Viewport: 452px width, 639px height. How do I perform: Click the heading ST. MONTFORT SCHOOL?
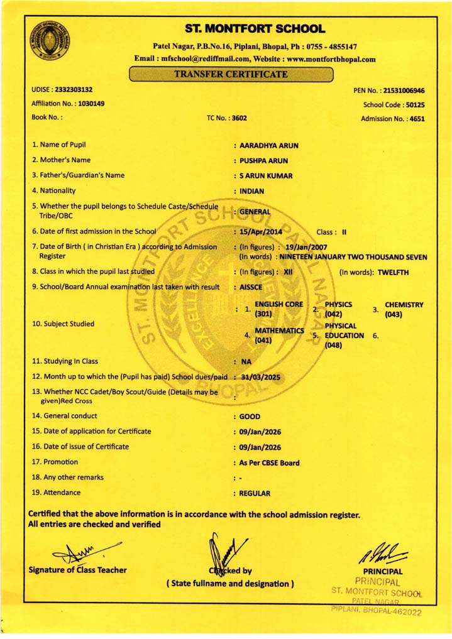tap(255, 29)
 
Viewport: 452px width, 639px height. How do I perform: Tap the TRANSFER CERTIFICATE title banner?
tap(231, 74)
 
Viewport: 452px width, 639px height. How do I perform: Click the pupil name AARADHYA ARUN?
tap(269, 145)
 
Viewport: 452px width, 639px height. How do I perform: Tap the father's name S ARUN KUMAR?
tap(266, 176)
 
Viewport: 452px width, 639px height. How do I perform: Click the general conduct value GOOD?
tap(250, 417)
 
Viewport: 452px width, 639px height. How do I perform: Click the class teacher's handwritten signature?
tap(83, 552)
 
